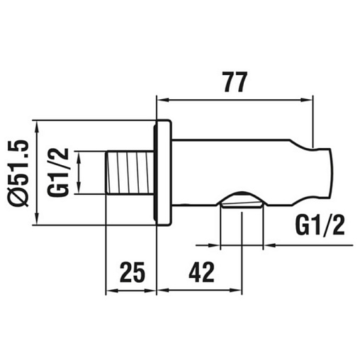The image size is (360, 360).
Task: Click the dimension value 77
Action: pos(235,81)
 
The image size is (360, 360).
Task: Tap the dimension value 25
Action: pos(132,272)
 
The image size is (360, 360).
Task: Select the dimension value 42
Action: pos(201,272)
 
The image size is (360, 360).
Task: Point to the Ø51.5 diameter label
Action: pos(19,174)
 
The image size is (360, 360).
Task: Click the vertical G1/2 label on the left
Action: pos(58,172)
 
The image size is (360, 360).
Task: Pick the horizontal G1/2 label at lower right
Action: pos(320,225)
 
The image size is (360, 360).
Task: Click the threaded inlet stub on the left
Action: pos(130,172)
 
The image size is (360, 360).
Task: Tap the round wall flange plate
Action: pos(162,173)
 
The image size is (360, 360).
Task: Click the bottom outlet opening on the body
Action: pos(242,201)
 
